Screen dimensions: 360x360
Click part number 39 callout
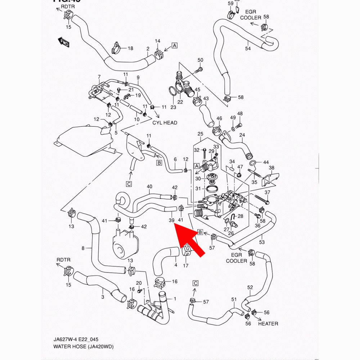point(171,220)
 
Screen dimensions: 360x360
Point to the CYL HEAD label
point(165,123)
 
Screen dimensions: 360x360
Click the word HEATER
point(268,324)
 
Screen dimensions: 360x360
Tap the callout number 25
point(201,134)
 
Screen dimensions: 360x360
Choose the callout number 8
point(83,248)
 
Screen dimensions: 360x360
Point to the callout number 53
point(262,242)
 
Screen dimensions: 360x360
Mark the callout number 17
point(186,266)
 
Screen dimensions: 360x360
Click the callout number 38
point(271,168)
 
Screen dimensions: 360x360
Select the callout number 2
point(148,49)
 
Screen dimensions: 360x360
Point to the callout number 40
point(149,186)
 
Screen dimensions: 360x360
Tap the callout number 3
point(103,297)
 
